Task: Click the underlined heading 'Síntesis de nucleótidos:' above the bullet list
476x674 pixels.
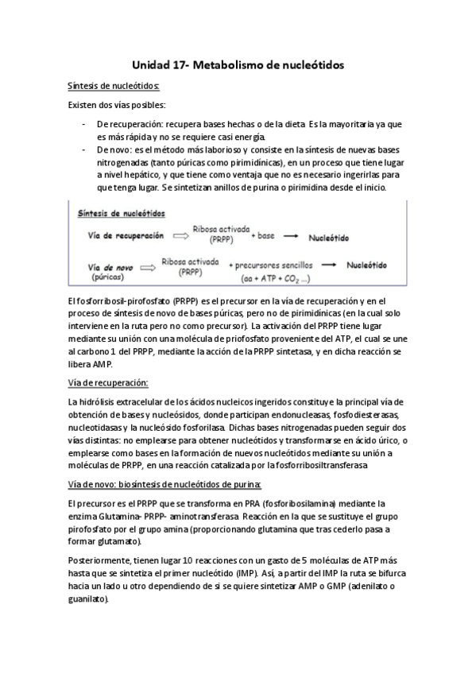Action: (114, 86)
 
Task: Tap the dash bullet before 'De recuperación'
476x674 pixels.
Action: (84, 125)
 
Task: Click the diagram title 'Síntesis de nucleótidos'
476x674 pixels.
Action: (122, 214)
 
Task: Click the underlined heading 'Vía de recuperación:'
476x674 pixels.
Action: (108, 383)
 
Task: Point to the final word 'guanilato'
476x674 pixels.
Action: (88, 598)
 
